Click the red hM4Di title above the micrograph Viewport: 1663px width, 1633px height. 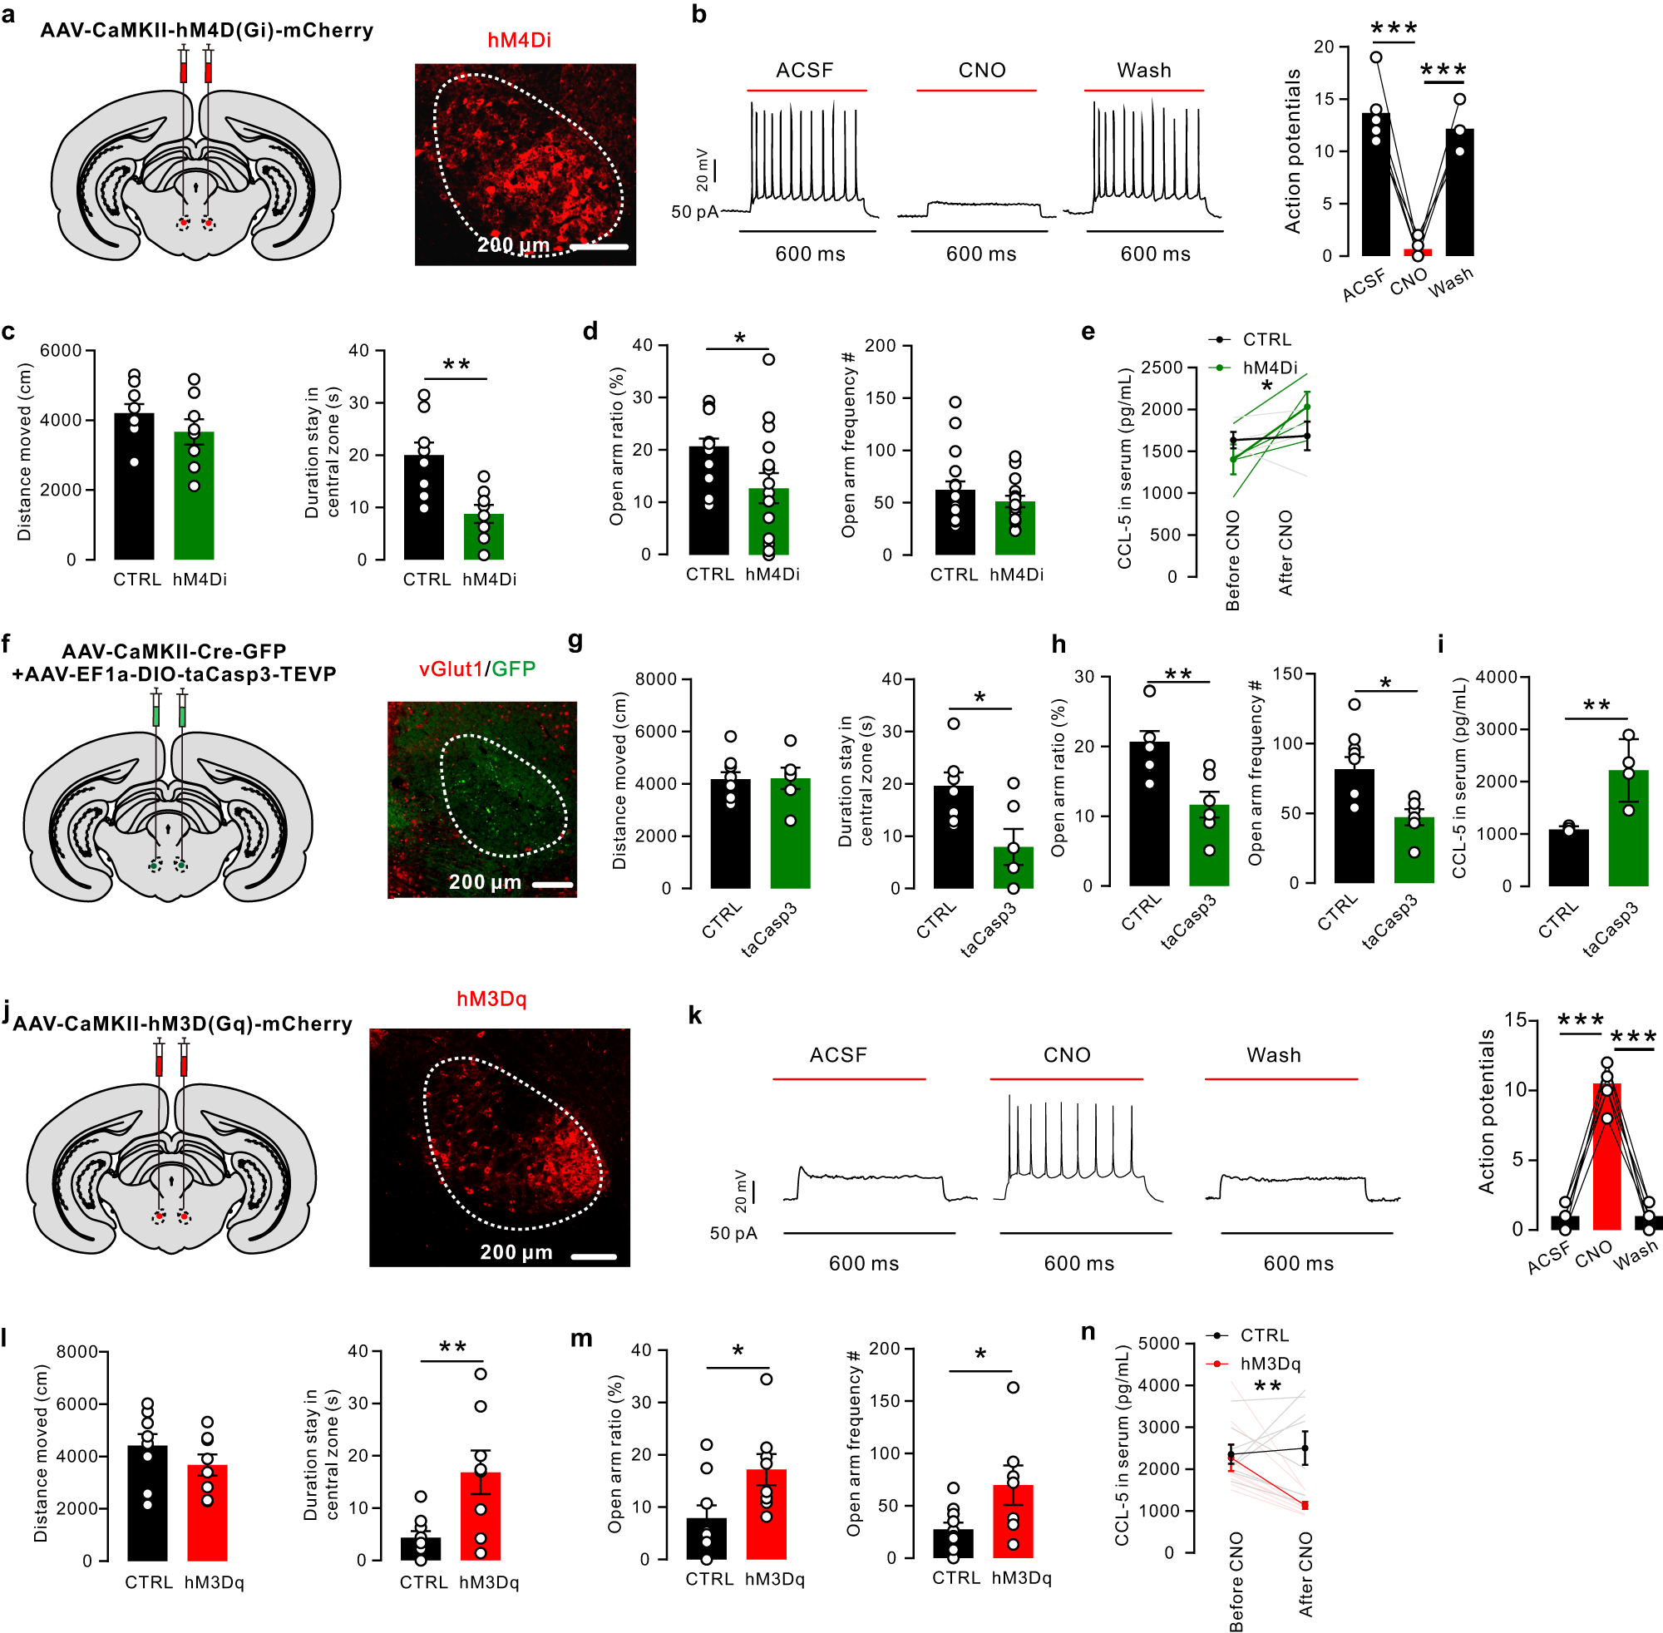519,40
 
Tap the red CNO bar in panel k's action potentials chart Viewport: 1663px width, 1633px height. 1606,1158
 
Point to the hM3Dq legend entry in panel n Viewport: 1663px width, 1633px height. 1270,1364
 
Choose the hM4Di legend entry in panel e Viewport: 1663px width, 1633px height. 1270,368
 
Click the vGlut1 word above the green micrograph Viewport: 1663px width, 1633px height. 452,669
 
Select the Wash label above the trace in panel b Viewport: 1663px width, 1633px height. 1143,71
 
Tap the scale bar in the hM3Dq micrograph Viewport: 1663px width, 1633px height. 594,1257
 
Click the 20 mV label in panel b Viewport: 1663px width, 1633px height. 703,170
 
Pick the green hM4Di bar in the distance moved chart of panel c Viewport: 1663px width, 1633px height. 194,496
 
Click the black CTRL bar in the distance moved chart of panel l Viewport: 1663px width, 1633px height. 147,1502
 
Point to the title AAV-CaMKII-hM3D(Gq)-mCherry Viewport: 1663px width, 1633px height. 183,1024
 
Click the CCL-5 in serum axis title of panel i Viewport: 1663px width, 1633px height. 1459,778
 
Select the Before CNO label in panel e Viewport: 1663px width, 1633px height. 1233,560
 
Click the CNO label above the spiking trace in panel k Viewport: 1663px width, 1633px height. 1066,1055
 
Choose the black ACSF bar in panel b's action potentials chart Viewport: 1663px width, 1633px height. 1375,185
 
